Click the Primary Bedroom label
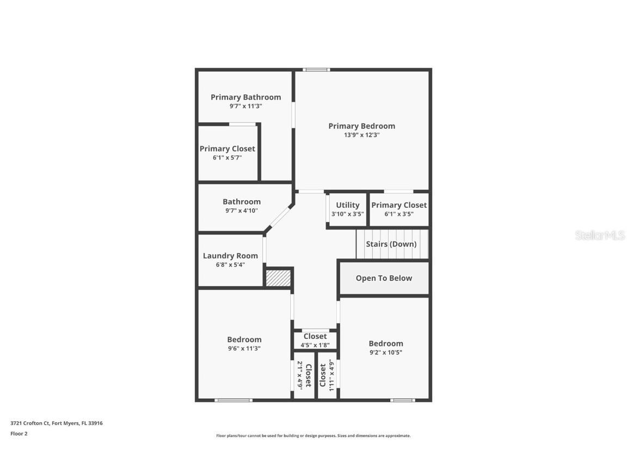361,126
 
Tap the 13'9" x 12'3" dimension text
361,135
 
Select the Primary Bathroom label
246,97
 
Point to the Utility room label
347,205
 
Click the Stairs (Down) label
391,244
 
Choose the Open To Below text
384,278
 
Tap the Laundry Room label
230,256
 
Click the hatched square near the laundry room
278,277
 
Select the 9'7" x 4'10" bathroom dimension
242,211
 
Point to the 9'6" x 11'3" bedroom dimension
244,348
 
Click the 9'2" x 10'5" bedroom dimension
386,352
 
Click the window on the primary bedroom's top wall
316,70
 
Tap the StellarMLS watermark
600,235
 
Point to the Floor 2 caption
19,434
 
